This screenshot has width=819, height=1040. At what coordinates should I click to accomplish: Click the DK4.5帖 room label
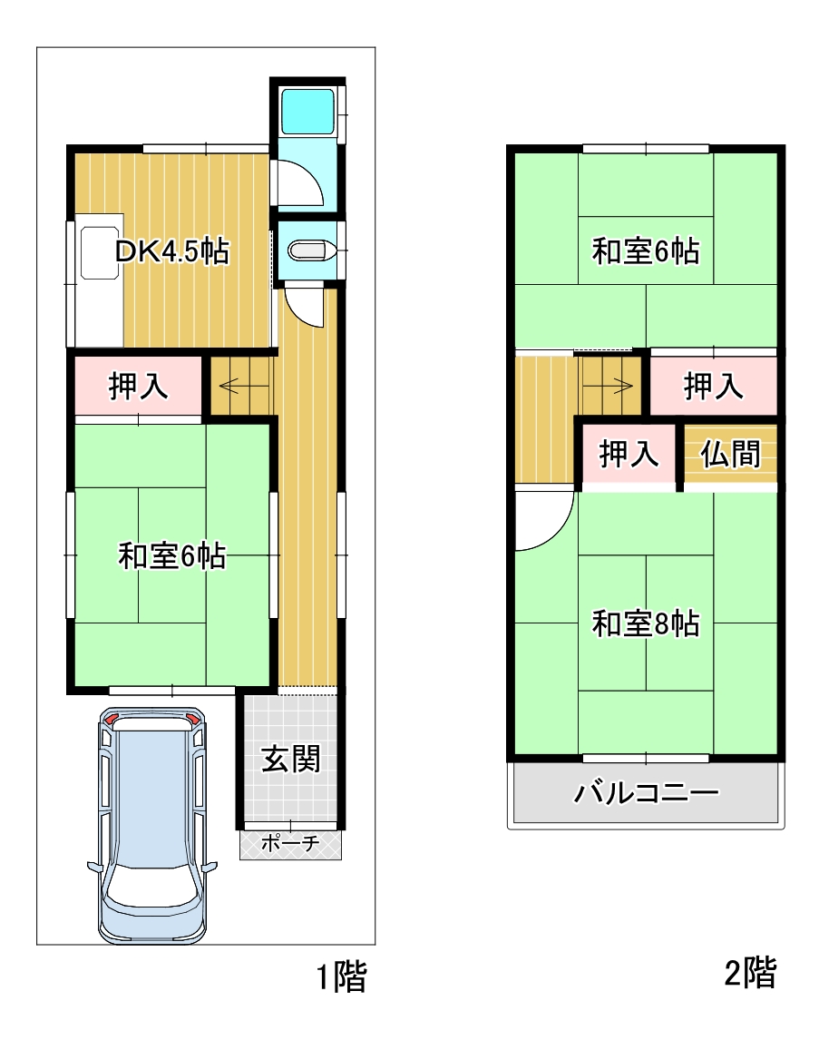(x=172, y=251)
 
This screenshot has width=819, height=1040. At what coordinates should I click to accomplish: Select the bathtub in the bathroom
(x=307, y=112)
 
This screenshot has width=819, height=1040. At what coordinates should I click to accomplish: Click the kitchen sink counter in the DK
(x=100, y=280)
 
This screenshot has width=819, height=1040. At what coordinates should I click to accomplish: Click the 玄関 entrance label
(x=291, y=759)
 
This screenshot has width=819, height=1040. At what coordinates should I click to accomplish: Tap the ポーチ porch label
(x=290, y=843)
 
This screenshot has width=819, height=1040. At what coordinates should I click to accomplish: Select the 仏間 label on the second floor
(x=730, y=455)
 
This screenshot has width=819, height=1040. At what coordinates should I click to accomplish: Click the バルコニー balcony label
(x=646, y=792)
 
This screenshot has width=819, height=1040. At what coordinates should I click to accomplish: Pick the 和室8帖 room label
(x=646, y=623)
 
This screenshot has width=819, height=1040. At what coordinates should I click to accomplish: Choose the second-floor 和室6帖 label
(x=646, y=251)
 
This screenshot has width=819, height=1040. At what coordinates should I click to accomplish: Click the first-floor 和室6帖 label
(x=172, y=555)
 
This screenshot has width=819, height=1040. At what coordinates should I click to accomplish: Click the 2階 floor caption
(x=751, y=972)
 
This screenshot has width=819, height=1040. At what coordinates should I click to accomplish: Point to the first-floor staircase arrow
(x=238, y=386)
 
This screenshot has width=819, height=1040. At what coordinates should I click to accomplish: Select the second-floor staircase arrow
(x=607, y=386)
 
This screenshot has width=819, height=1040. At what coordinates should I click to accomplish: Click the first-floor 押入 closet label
(x=138, y=386)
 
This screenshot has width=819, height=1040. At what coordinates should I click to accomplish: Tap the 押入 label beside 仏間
(x=629, y=455)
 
